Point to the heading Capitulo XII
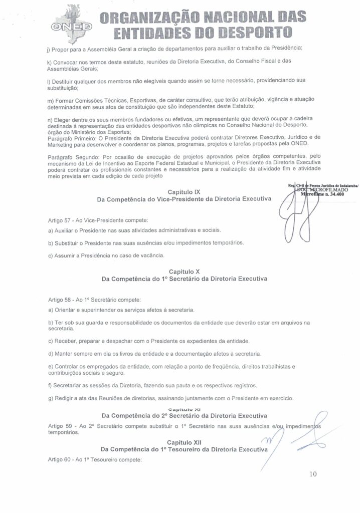click(184, 442)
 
